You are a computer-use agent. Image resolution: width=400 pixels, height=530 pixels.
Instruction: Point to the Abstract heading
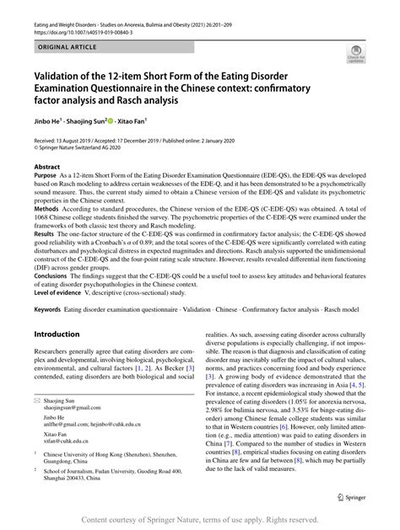46,167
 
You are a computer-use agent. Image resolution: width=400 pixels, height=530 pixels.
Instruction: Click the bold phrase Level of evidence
62,291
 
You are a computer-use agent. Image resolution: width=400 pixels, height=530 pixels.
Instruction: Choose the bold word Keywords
51,311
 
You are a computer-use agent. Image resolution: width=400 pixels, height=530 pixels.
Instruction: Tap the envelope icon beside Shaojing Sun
38,424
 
